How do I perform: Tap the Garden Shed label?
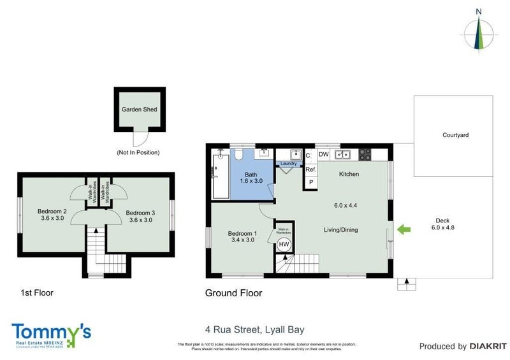(139, 109)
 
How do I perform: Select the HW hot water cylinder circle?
(284, 244)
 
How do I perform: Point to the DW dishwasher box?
(323, 154)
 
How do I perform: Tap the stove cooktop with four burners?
(365, 154)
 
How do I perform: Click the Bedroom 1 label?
(242, 233)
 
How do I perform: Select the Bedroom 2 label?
(52, 212)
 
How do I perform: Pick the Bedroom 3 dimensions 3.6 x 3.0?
(140, 220)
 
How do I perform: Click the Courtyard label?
(455, 135)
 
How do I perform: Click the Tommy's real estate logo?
(51, 334)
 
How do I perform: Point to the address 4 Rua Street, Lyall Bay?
(254, 329)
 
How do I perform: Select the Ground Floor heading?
(233, 293)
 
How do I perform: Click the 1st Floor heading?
(36, 293)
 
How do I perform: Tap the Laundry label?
(289, 164)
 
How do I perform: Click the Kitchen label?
(349, 173)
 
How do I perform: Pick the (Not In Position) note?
(138, 152)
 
